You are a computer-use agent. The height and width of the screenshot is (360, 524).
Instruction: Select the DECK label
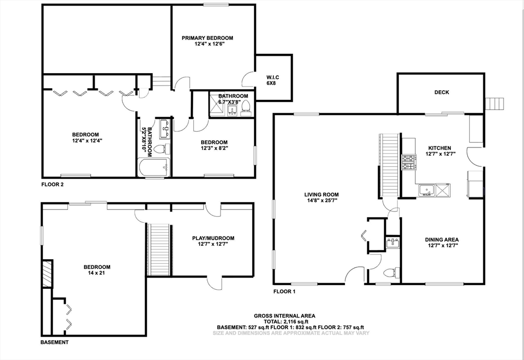[x=441, y=93]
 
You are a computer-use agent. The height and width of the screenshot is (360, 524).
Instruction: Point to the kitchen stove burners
[x=408, y=162]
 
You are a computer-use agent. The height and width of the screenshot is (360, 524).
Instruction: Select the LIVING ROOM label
[x=321, y=195]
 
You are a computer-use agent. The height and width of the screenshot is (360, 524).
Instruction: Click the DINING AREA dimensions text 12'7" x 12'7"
[x=441, y=246]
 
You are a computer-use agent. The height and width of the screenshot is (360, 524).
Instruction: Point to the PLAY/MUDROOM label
[x=213, y=238]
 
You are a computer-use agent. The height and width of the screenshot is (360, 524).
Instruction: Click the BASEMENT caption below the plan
[x=55, y=342]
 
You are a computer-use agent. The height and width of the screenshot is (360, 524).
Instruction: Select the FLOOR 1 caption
[x=285, y=291]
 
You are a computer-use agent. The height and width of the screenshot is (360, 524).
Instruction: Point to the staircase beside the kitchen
[x=390, y=165]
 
